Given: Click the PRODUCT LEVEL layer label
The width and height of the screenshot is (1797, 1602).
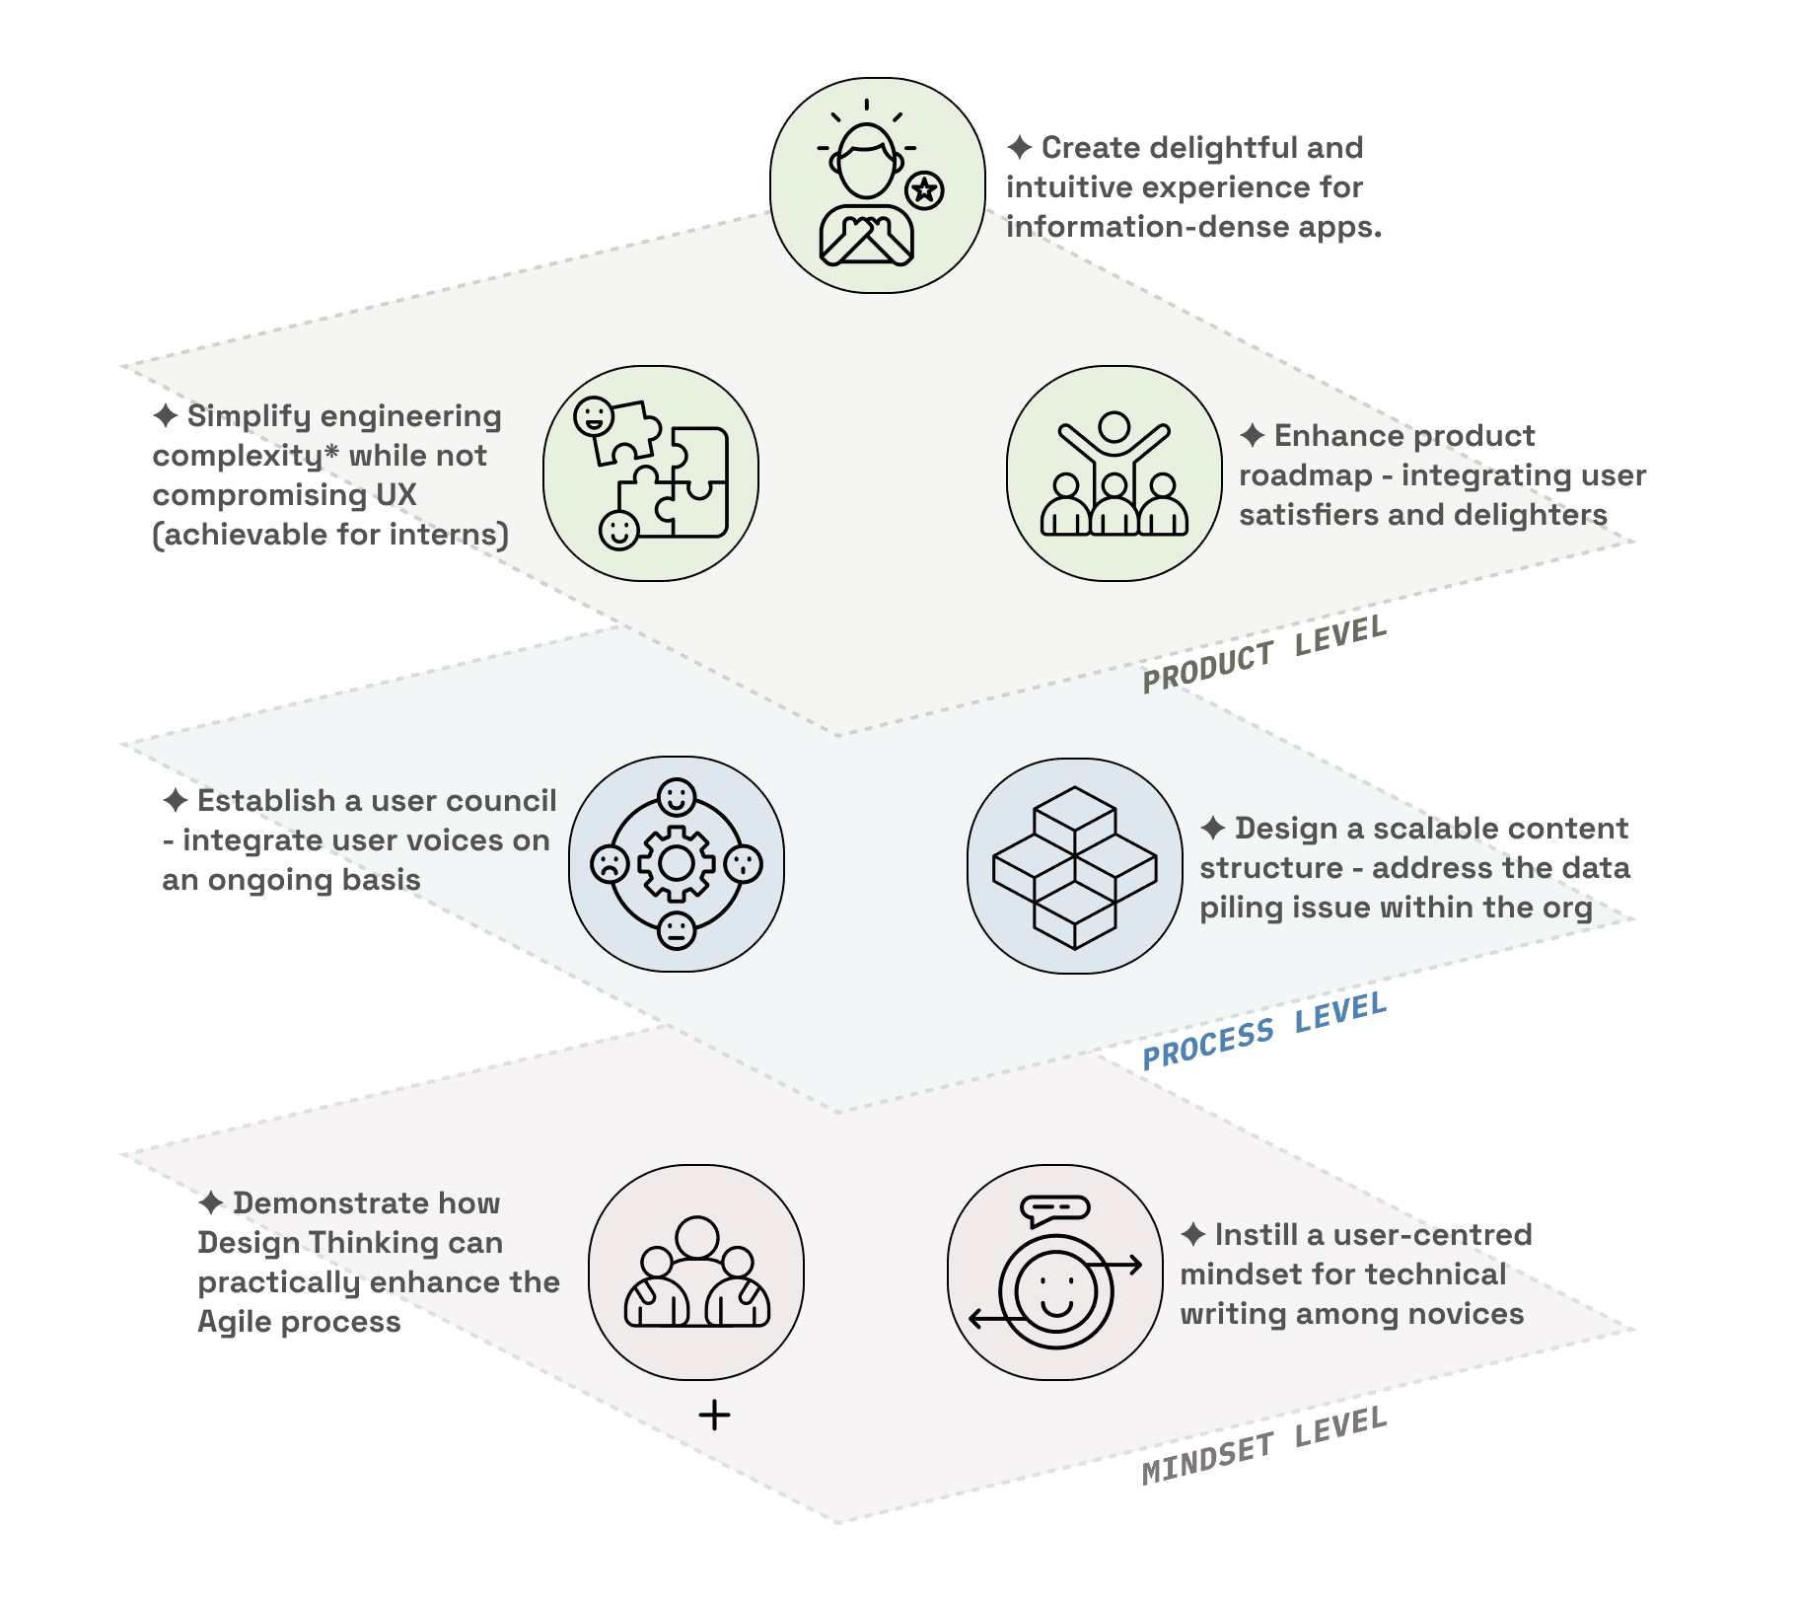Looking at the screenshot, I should tap(1264, 653).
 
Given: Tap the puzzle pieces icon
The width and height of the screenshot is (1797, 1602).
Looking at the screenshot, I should tap(651, 473).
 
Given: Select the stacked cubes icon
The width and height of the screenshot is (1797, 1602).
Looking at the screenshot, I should tap(1074, 866).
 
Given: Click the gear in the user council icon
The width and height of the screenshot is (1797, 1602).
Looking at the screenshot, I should tap(676, 864).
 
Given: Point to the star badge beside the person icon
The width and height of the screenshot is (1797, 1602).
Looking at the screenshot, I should tap(924, 189).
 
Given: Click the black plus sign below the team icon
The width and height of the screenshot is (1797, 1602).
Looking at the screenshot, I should tap(714, 1416).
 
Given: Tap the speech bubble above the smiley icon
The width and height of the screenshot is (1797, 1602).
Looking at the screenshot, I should tap(1054, 1208).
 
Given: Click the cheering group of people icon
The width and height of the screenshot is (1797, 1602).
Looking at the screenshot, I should tap(1114, 473).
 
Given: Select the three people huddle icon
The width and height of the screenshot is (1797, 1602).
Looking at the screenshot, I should tap(696, 1273).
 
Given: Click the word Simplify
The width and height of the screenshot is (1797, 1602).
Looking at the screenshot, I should tap(245, 416).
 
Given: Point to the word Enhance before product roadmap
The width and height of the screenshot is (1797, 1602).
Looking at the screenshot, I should tap(1338, 435).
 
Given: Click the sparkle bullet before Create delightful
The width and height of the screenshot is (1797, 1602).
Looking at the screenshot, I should tap(1019, 148).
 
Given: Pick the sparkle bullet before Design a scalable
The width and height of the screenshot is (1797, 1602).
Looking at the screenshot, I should tap(1212, 829).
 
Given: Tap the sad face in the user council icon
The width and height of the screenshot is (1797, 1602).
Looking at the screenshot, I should tap(609, 865).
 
